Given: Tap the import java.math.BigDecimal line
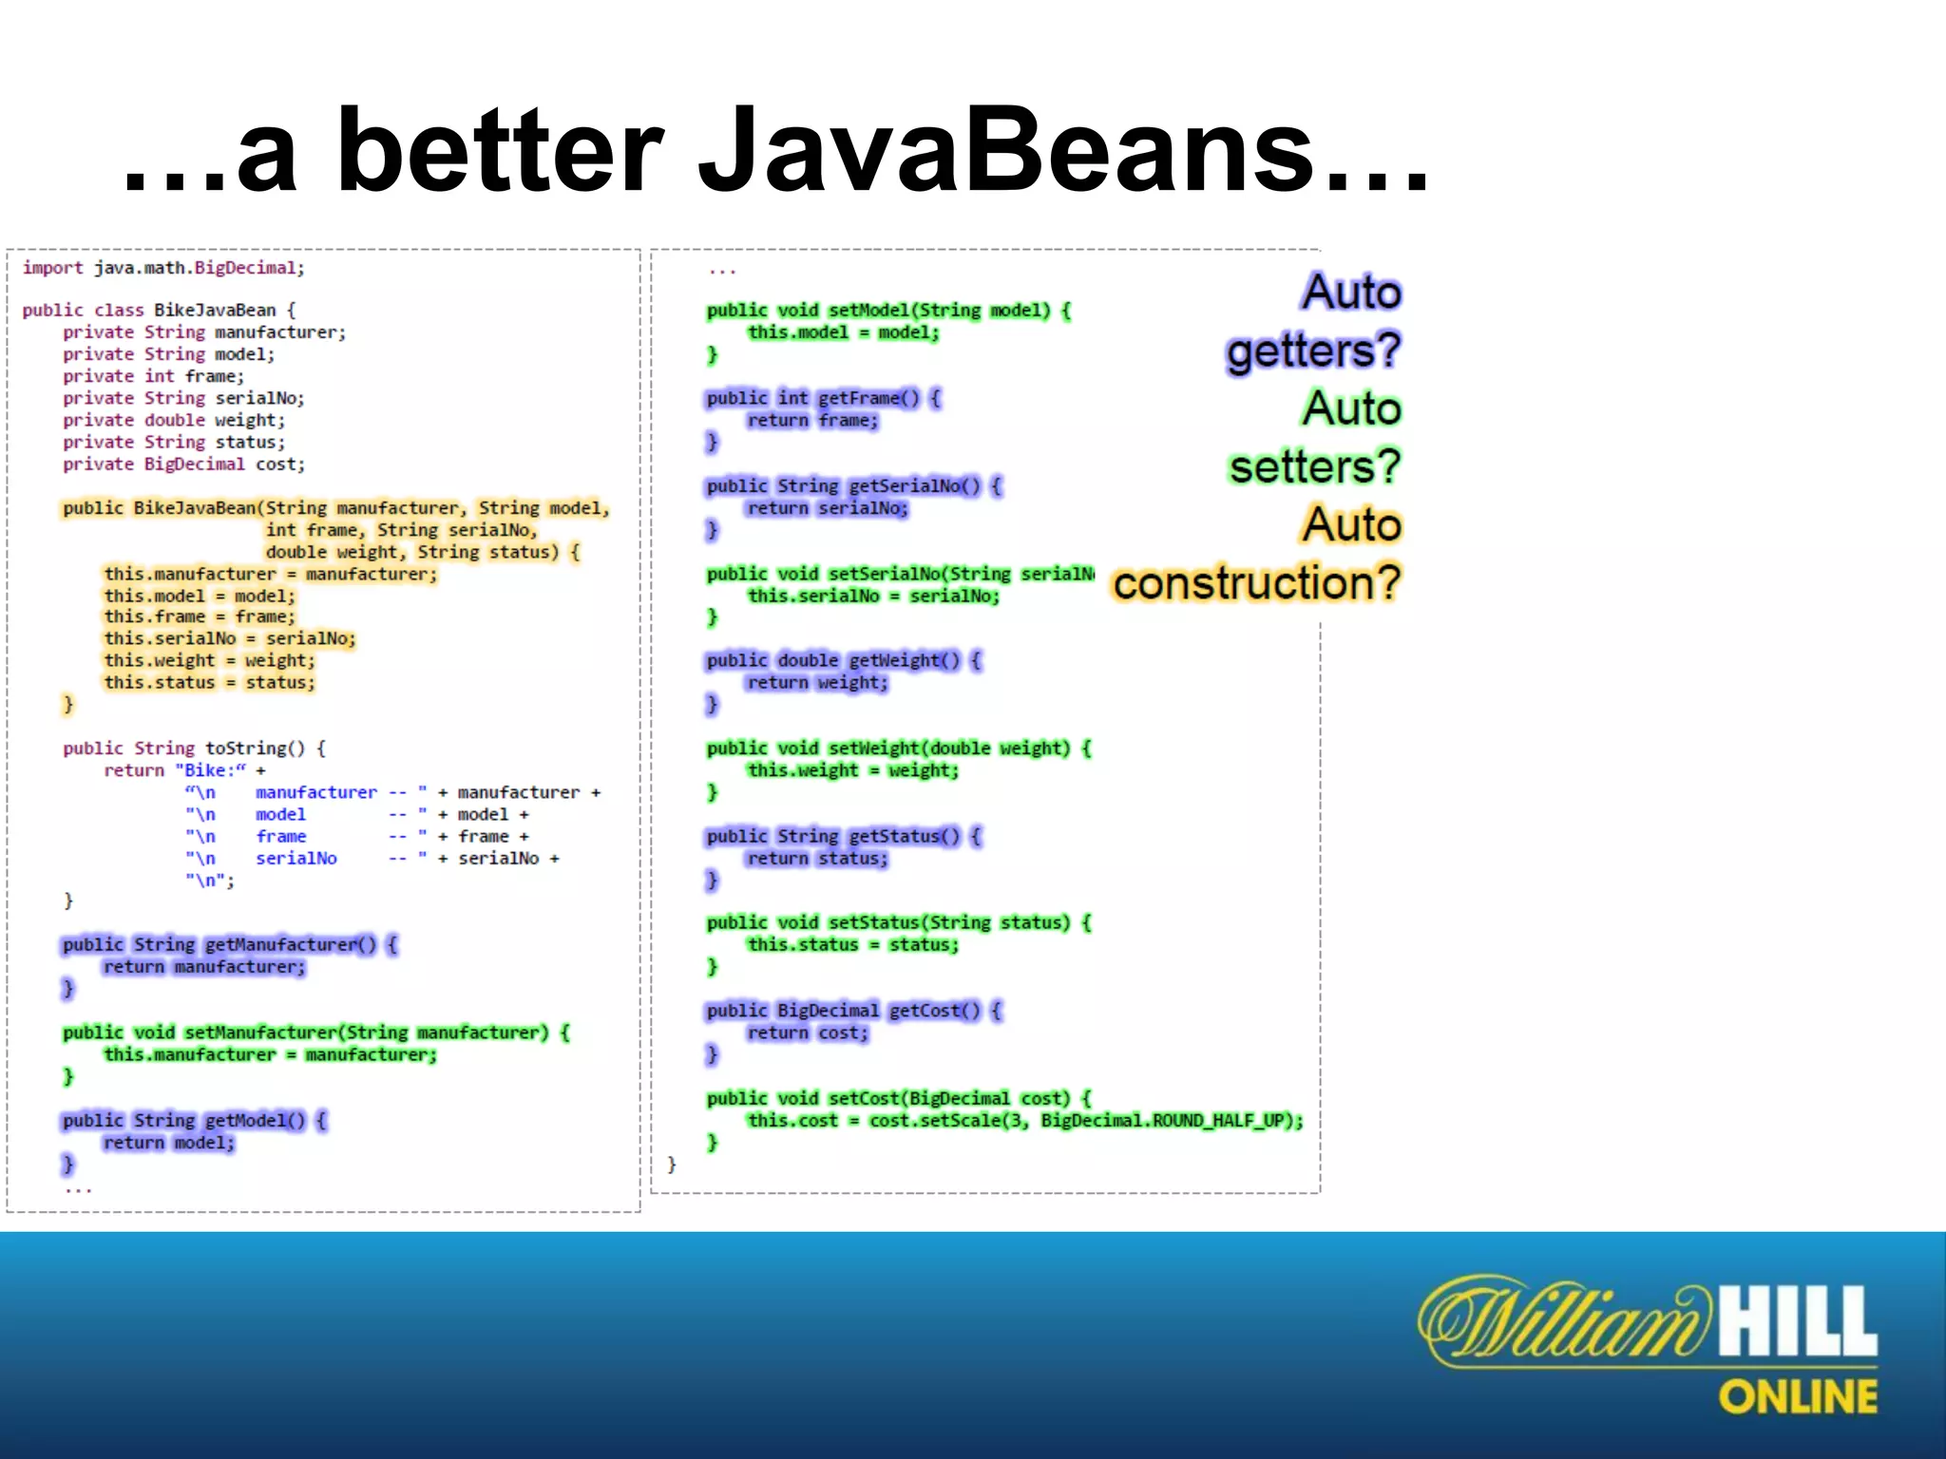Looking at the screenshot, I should (163, 268).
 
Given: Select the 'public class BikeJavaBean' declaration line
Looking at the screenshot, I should (159, 310).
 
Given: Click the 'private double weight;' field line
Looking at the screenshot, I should (174, 420).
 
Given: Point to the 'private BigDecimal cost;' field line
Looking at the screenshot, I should (184, 464).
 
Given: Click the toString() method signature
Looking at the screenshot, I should (194, 748).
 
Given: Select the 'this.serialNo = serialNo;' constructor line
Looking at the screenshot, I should (229, 638).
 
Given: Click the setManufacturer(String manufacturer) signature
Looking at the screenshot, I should (315, 1033).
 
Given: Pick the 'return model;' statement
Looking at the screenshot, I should (168, 1143).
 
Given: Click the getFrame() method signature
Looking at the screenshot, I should (823, 398).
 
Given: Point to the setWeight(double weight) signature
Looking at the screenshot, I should (898, 748).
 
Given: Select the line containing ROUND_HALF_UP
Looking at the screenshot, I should (1024, 1121).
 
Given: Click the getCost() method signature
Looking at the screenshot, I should (852, 1011).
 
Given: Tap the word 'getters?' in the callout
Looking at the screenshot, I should (1313, 351).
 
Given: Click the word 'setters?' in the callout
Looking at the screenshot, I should (1314, 466).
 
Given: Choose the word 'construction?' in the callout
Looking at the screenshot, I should (1256, 582).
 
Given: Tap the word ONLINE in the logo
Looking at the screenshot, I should (1798, 1397).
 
